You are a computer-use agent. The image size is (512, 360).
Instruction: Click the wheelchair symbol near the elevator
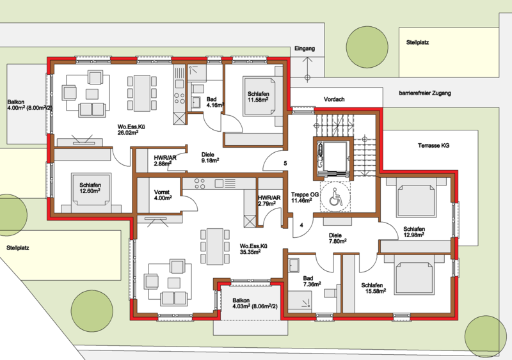pos(335,197)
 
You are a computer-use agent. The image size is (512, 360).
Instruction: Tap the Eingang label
pos(305,49)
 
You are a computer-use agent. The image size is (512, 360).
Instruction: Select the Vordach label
pos(334,99)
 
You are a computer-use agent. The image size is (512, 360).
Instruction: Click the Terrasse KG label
pos(433,145)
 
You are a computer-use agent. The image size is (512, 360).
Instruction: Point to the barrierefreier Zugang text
pos(425,93)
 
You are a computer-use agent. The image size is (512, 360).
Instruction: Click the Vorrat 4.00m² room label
pos(163,195)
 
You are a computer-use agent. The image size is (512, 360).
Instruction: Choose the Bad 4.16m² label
pos(215,102)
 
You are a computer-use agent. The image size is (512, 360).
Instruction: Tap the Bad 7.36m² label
pos(312,281)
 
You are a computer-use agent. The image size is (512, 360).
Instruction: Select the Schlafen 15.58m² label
pos(374,288)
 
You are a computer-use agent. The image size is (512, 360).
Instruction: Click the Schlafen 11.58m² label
pos(258,97)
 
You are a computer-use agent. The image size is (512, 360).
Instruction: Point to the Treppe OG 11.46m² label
pos(305,198)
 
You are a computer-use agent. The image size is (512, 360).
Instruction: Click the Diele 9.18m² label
pos(210,157)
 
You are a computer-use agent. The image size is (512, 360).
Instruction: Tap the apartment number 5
pos(285,163)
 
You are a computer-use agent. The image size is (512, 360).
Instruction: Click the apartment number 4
pos(301,225)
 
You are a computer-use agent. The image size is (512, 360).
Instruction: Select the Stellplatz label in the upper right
pos(417,42)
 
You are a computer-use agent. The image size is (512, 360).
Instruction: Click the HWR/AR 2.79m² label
pos(269,201)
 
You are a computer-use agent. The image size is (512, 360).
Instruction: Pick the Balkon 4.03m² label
pos(255,304)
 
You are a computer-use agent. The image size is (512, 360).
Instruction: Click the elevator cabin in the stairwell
pos(333,159)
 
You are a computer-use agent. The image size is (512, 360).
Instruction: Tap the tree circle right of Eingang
pos(367,47)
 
